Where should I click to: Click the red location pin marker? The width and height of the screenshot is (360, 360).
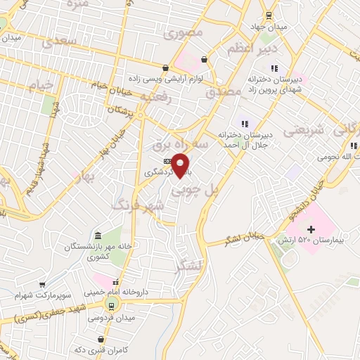[x=181, y=165]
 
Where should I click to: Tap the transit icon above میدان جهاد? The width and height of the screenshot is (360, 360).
[x=269, y=16]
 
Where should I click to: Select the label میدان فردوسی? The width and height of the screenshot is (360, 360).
[x=103, y=317]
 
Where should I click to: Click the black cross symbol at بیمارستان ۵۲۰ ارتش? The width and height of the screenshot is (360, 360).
[x=311, y=229]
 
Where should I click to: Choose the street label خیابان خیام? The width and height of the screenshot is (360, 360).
[x=109, y=84]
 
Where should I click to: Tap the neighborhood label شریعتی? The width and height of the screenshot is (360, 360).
[x=305, y=131]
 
